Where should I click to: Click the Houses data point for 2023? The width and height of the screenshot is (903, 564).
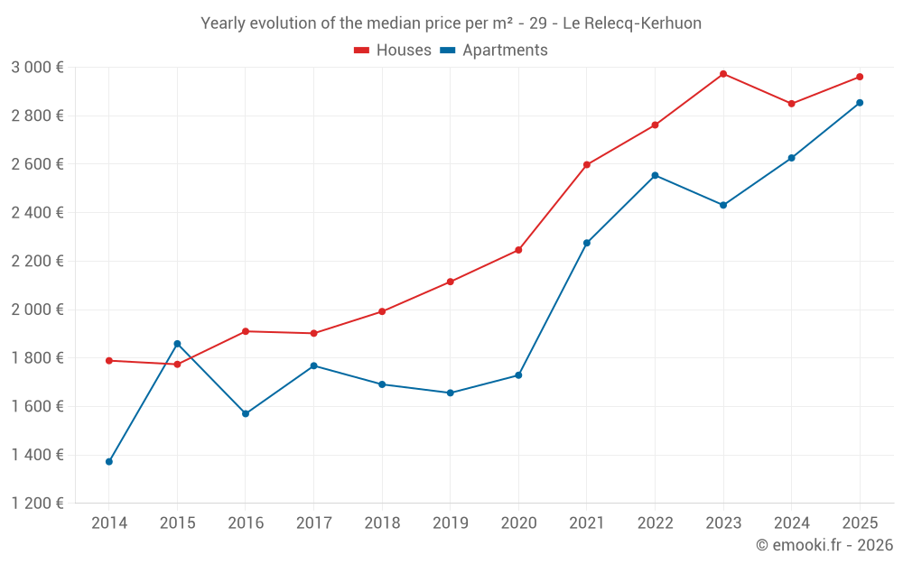723,74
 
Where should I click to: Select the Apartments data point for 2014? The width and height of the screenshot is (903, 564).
109,462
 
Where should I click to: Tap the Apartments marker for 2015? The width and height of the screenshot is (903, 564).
177,344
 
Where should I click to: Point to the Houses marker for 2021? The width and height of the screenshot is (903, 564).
587,165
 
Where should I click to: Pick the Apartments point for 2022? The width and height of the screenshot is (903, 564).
655,175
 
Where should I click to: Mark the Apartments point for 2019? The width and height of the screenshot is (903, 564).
451,393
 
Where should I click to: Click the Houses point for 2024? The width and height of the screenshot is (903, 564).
792,104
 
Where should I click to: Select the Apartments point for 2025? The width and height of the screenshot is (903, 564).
860,103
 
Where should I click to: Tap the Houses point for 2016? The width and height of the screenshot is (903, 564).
246,331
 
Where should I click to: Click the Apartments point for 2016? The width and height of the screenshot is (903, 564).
246,414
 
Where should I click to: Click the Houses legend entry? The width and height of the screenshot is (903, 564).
393,51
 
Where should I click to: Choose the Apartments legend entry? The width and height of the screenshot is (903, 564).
494,51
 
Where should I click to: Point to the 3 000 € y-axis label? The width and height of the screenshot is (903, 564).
37,68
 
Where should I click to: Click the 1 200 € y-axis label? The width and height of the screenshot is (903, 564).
37,504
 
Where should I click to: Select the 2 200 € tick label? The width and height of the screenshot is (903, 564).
37,262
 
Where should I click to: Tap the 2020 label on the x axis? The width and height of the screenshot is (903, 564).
518,523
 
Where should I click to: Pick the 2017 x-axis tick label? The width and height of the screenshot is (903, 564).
313,523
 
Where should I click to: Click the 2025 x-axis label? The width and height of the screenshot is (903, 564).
860,523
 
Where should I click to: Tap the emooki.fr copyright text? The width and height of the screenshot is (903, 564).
824,545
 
